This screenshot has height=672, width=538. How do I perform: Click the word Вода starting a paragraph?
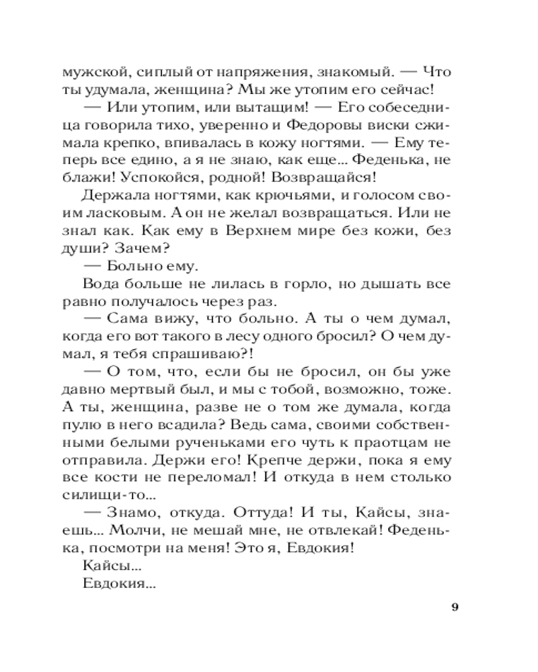99,283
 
